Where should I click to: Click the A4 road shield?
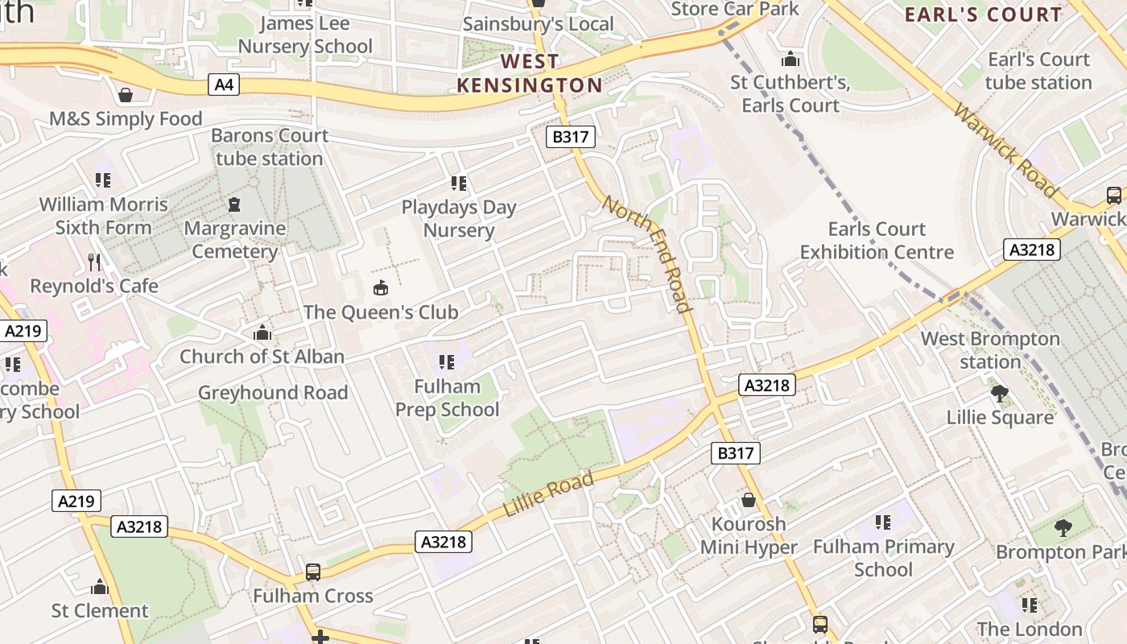[225, 84]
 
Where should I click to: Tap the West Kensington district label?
[530, 73]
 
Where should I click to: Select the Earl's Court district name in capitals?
[983, 14]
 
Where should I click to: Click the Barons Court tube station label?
[270, 147]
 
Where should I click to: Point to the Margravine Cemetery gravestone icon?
[234, 204]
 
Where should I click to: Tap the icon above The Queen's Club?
[381, 287]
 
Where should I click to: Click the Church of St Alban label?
[262, 357]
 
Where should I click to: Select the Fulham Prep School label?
[447, 398]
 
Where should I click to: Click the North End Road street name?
[647, 254]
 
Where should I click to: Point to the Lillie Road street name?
[548, 495]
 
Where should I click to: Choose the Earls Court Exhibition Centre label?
[877, 241]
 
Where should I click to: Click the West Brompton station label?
[990, 350]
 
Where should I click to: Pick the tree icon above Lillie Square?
[1000, 394]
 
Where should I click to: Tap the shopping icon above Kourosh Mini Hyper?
[749, 500]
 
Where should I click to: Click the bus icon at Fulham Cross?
[313, 572]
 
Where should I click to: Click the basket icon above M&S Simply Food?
[126, 95]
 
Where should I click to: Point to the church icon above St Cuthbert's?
[791, 59]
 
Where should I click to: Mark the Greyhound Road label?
[273, 393]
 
